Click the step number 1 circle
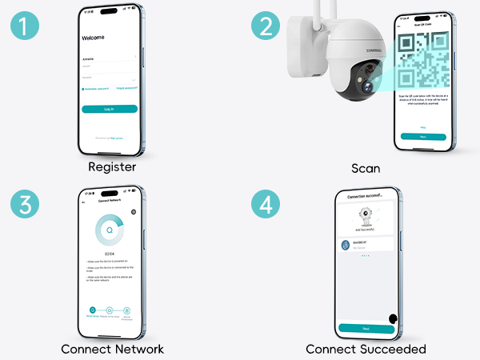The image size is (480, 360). pyautogui.click(x=26, y=26)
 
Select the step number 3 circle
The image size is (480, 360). pyautogui.click(x=26, y=206)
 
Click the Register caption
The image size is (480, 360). pyautogui.click(x=112, y=168)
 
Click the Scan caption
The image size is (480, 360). pyautogui.click(x=366, y=169)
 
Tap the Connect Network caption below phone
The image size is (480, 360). pyautogui.click(x=112, y=349)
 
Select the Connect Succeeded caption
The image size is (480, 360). pyautogui.click(x=366, y=349)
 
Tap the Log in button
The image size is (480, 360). pyautogui.click(x=110, y=109)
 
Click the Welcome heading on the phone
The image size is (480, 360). pyautogui.click(x=94, y=38)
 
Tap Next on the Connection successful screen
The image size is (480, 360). pyautogui.click(x=366, y=328)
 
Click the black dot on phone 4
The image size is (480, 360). pyautogui.click(x=394, y=319)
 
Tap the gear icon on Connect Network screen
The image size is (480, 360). pyautogui.click(x=134, y=212)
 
